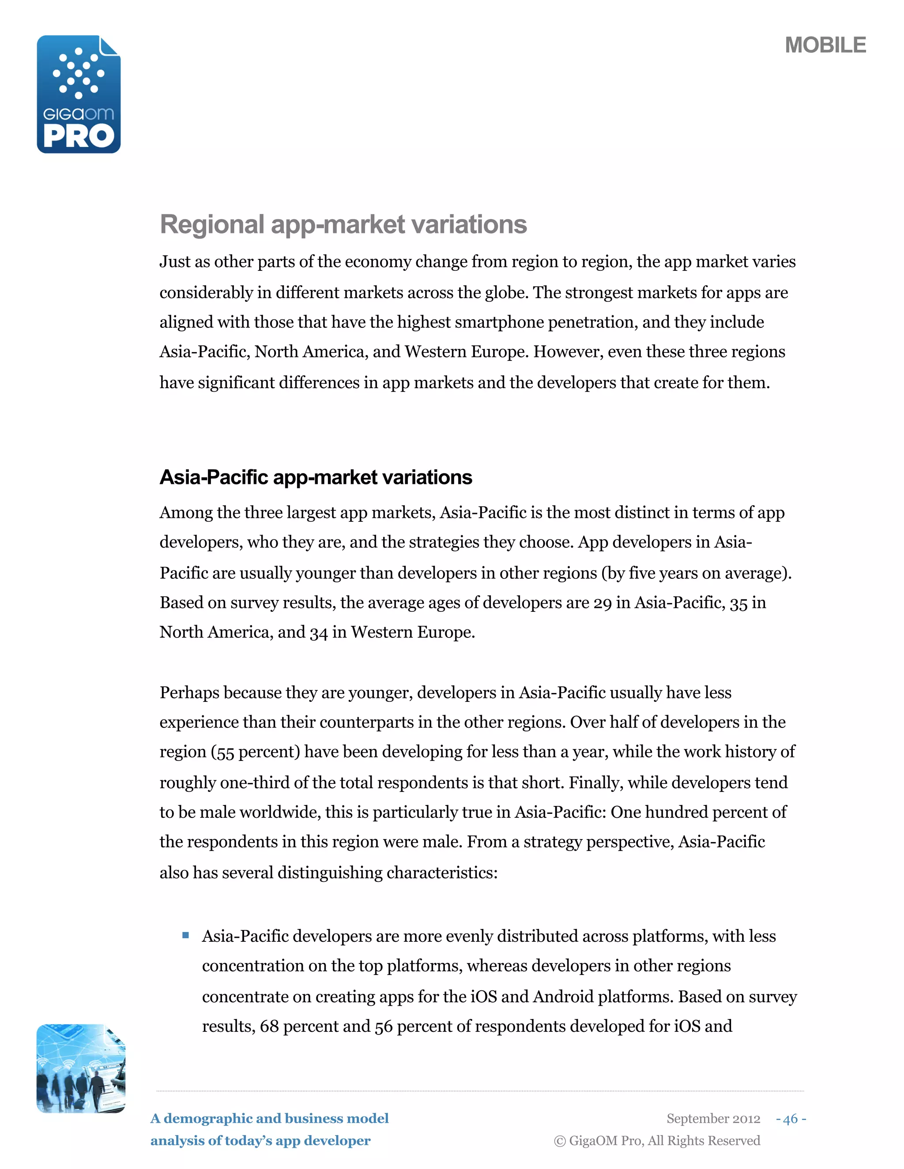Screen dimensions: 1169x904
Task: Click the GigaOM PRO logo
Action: click(79, 95)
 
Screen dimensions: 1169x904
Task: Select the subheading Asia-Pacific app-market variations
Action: click(316, 477)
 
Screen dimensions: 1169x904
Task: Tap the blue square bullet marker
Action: click(185, 936)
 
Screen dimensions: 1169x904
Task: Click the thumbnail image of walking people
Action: click(81, 1068)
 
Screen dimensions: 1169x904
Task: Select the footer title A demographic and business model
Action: click(269, 1119)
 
